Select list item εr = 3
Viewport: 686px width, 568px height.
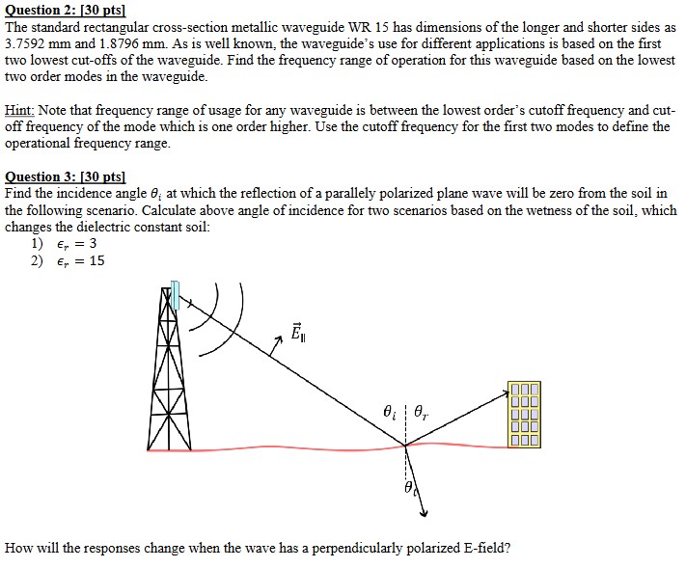[x=75, y=243]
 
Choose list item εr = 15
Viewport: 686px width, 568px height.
[x=79, y=260]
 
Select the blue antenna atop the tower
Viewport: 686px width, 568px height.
[x=175, y=295]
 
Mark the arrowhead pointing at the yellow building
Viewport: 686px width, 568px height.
[x=504, y=392]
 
